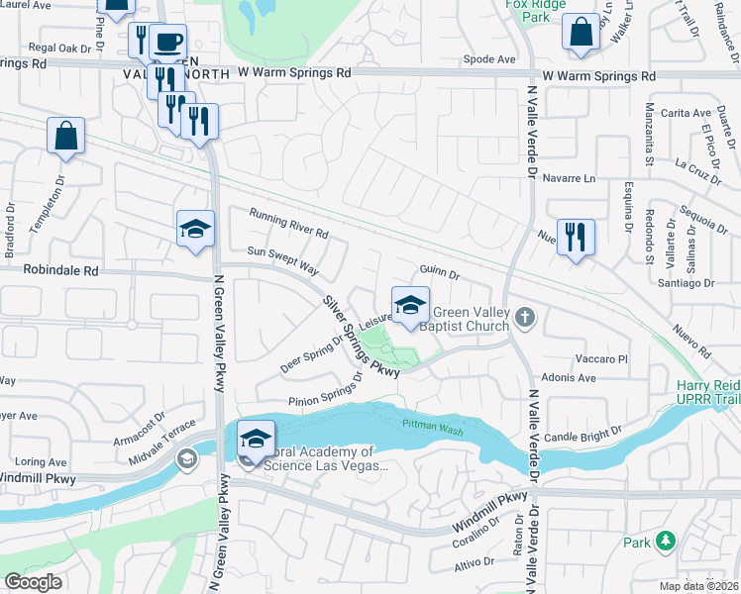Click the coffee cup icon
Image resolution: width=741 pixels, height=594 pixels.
[168, 42]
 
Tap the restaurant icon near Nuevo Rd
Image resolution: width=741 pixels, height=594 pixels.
[576, 238]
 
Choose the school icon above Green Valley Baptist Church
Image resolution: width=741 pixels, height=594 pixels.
[410, 306]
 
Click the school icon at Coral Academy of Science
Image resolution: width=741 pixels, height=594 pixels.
[256, 438]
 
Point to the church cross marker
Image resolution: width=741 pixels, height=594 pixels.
[525, 318]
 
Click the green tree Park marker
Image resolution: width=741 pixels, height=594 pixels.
[667, 542]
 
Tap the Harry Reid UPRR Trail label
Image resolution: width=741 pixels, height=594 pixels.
[707, 391]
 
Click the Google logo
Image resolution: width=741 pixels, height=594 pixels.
[33, 581]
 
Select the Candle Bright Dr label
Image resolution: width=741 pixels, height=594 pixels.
[582, 432]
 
